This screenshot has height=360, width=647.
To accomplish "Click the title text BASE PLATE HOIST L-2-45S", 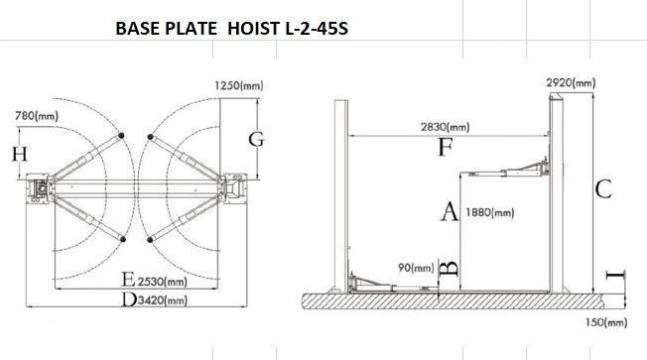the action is point(231,29).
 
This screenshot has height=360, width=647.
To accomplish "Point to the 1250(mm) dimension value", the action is point(239,85).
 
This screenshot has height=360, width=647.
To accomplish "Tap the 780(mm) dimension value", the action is point(37,116).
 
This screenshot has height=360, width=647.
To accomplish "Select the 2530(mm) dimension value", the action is point(162,282).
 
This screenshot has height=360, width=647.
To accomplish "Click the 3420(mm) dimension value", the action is point(162,300).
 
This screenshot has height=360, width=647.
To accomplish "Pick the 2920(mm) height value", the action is point(571,83).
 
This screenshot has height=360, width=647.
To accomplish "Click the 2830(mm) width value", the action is point(446,127).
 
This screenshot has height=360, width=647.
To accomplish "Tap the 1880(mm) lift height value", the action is point(490,213).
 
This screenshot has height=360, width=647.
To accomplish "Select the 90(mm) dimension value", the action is point(416,268).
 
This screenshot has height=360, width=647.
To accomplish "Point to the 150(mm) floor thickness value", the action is point(606,322).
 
